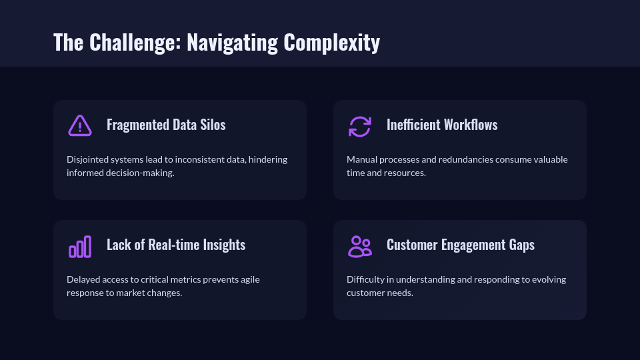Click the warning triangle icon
[80, 125]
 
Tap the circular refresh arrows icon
[360, 125]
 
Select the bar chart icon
[80, 246]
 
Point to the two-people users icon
[360, 246]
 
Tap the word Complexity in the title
[331, 43]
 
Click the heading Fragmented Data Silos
[166, 125]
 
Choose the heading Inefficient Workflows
[442, 125]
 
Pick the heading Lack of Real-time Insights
[176, 245]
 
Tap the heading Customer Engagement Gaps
[461, 245]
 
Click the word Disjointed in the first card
[89, 159]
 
